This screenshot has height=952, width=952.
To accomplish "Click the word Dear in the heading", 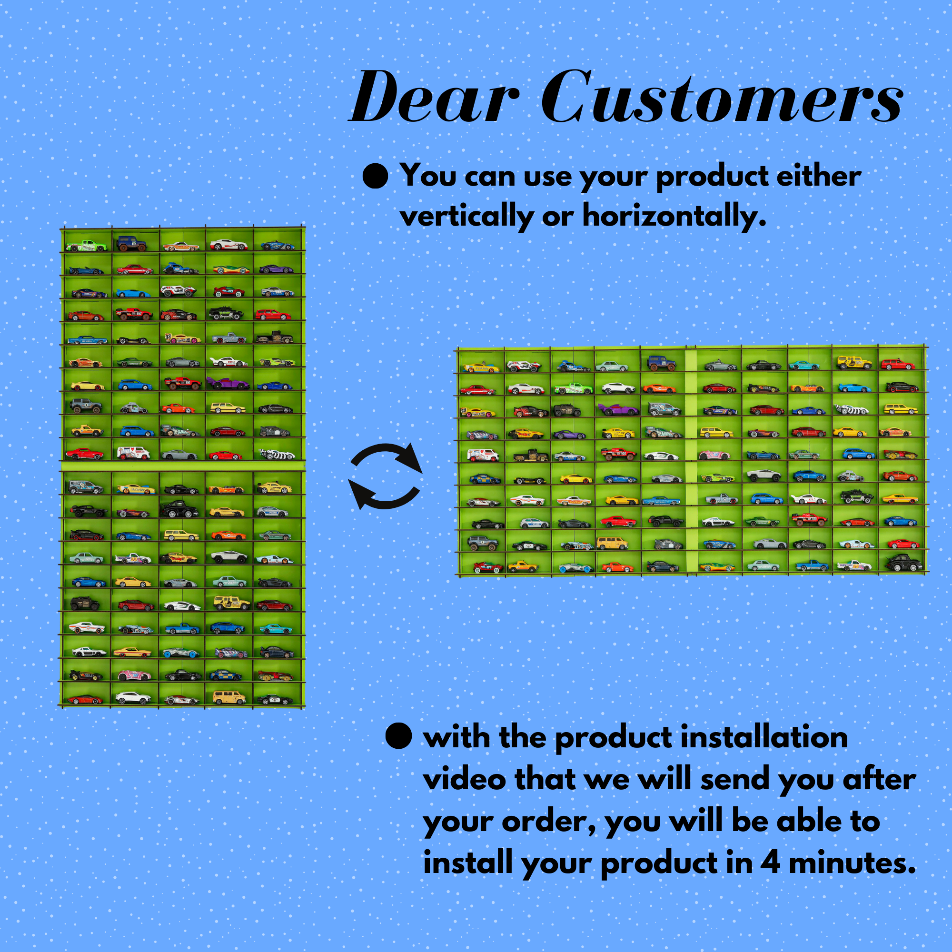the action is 434,97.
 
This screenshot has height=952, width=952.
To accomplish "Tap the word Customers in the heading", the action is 722,96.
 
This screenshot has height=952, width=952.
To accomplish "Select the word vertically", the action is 466,216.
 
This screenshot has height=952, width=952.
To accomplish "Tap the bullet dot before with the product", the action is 398,737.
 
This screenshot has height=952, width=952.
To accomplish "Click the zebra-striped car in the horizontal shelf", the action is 851,409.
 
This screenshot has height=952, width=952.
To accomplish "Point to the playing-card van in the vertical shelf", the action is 134,452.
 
